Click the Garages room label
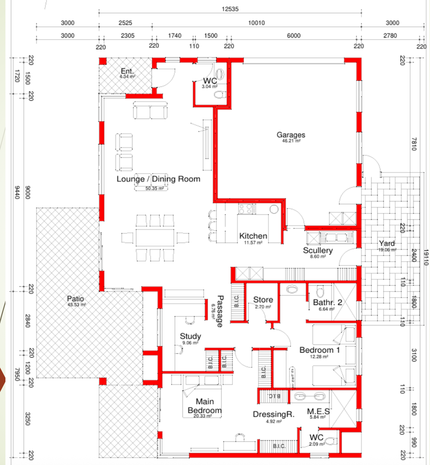point(291,135)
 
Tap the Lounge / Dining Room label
point(158,179)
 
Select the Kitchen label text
point(253,236)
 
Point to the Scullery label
point(318,250)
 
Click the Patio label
point(75,298)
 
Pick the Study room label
point(190,336)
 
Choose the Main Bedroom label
point(204,406)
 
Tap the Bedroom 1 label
point(319,350)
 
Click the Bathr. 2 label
point(328,302)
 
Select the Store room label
point(263,300)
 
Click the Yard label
point(386,244)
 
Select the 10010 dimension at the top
point(256,23)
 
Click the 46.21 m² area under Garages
point(291,141)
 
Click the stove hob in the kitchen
point(247,208)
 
